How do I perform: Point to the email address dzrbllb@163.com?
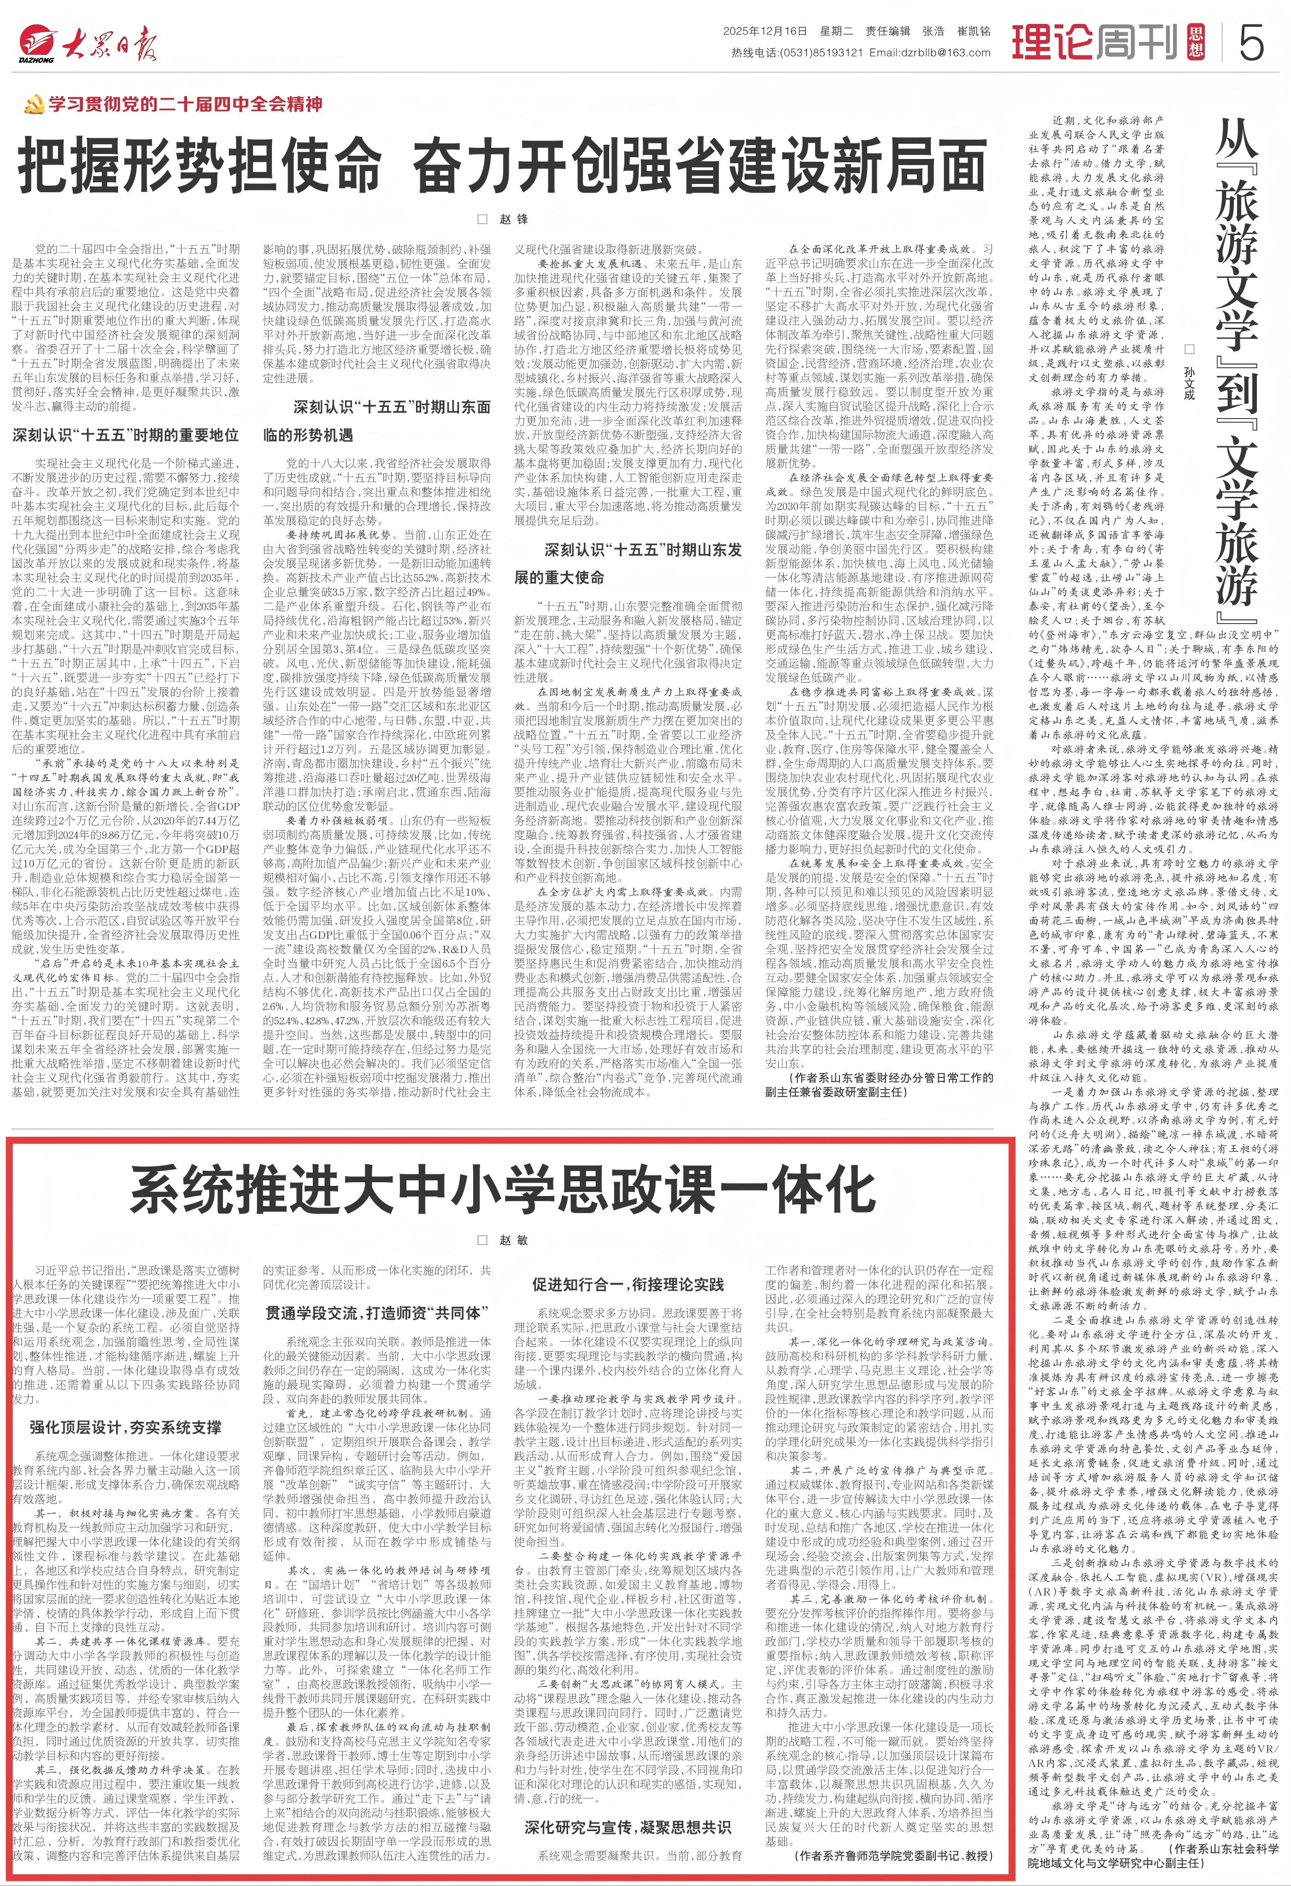(x=930, y=53)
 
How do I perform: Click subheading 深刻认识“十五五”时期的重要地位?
(x=126, y=435)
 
